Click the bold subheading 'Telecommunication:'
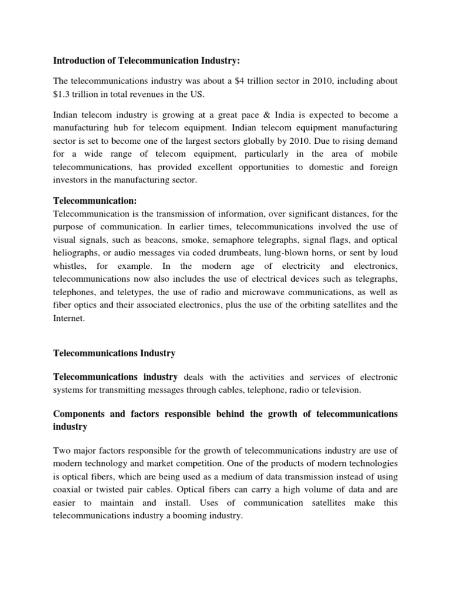click(x=95, y=201)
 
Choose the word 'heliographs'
click(x=75, y=253)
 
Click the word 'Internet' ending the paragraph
click(x=69, y=319)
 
